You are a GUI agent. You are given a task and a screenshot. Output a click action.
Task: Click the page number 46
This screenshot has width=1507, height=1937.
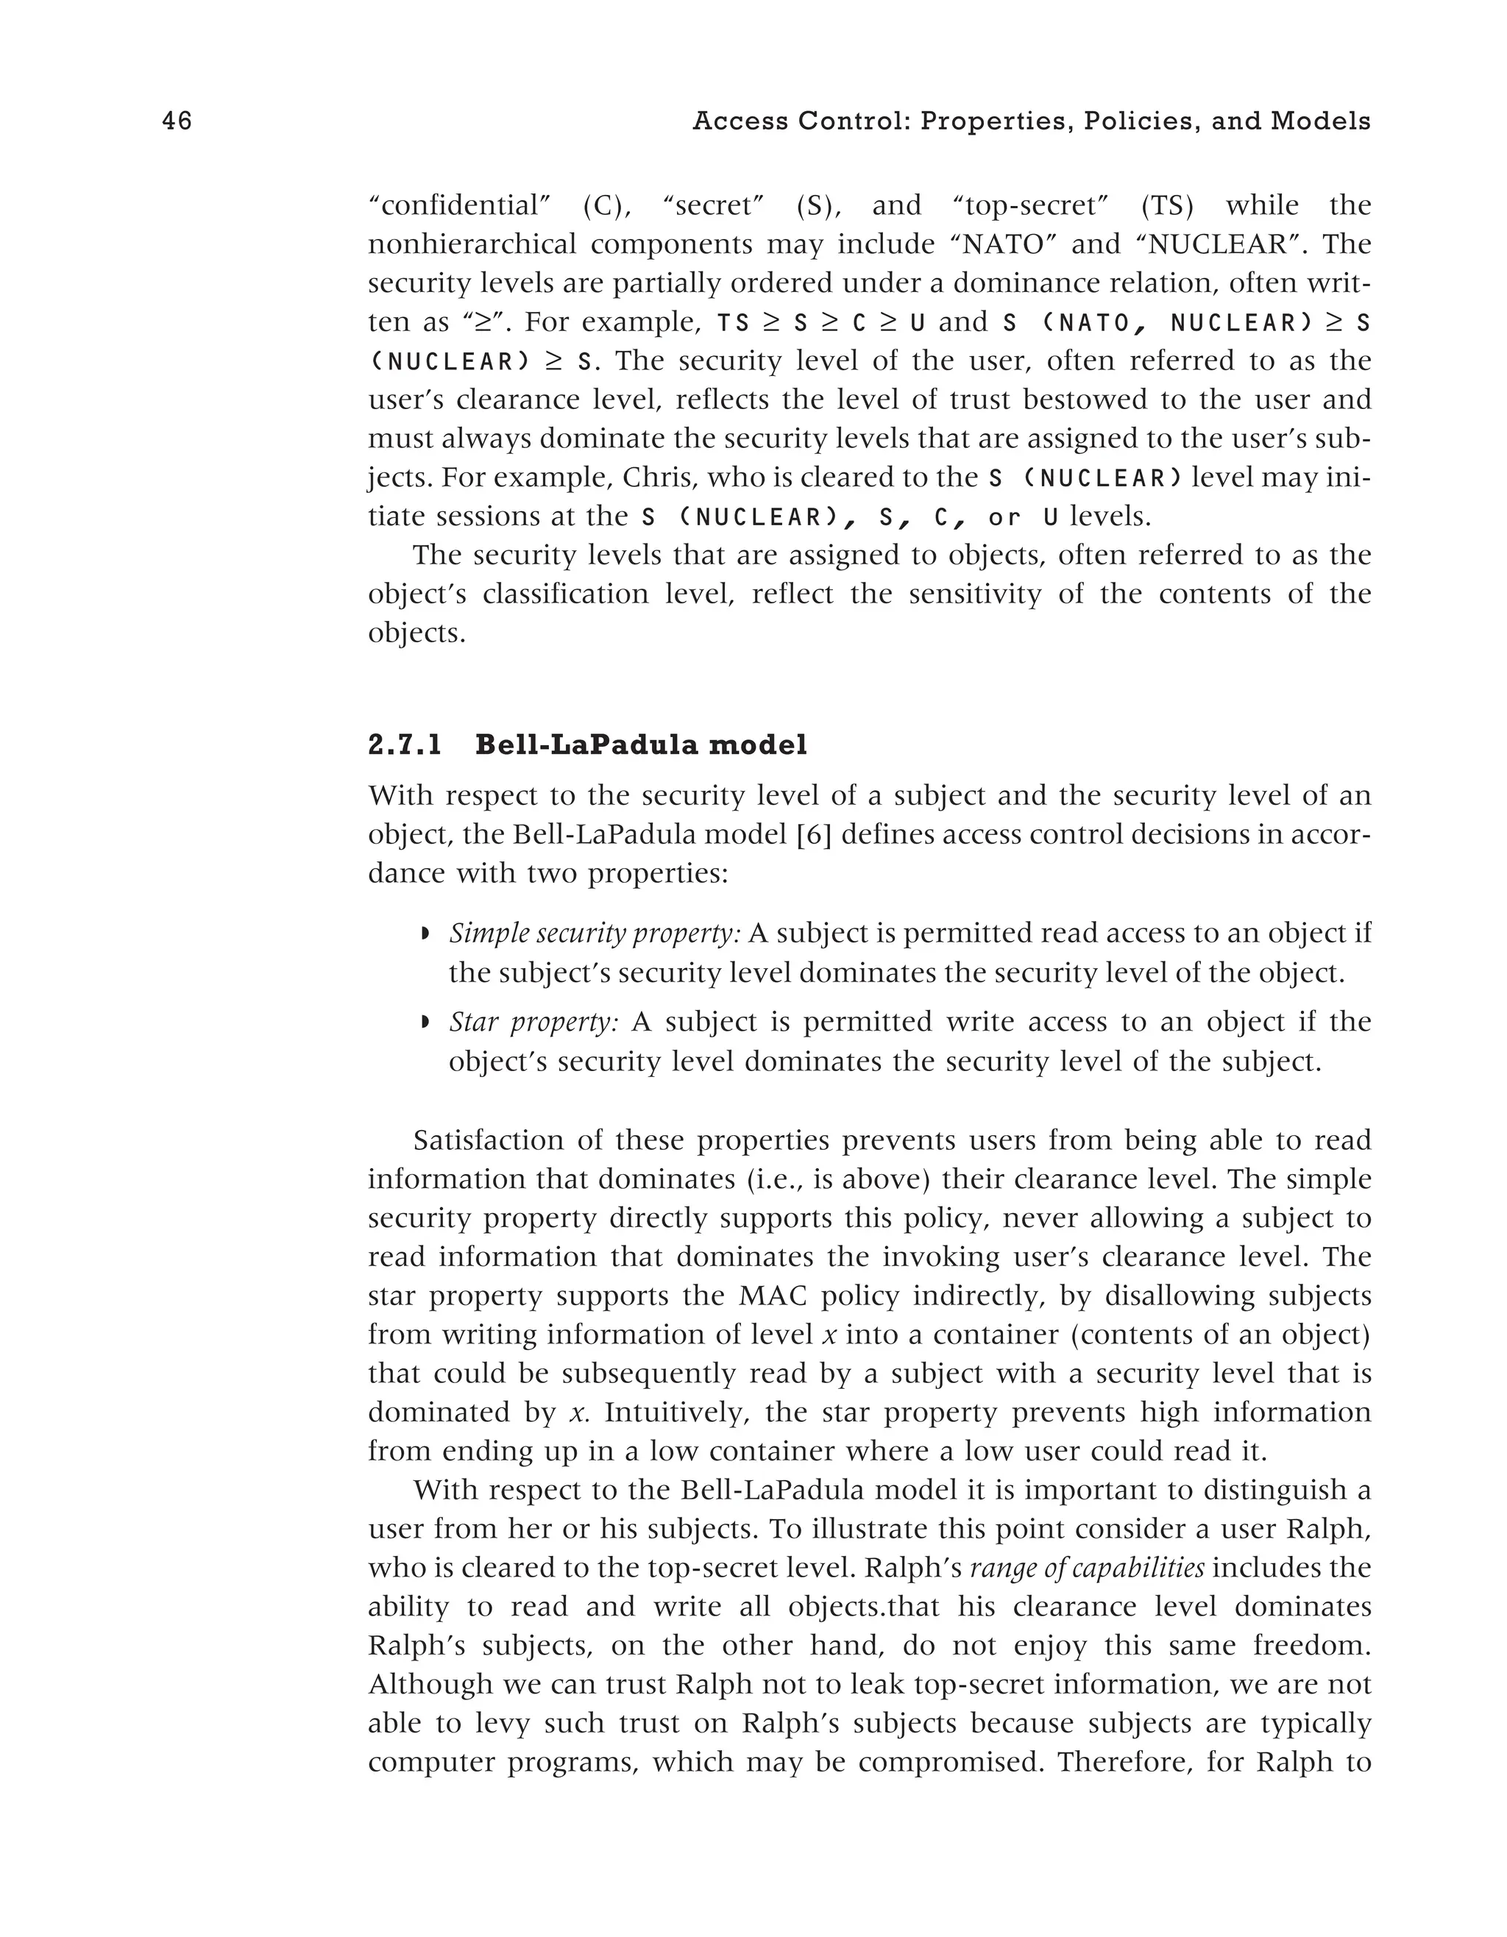click(177, 121)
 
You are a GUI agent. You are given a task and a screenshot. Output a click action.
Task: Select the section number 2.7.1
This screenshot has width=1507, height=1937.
click(405, 745)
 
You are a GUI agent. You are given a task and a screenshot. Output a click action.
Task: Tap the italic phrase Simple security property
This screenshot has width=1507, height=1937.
click(595, 934)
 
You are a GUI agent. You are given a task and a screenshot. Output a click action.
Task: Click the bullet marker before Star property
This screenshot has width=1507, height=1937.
click(425, 1023)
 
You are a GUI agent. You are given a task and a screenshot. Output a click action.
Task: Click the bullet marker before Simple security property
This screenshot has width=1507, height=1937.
click(425, 934)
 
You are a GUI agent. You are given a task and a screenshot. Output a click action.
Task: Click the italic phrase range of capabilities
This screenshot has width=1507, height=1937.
click(1088, 1568)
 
